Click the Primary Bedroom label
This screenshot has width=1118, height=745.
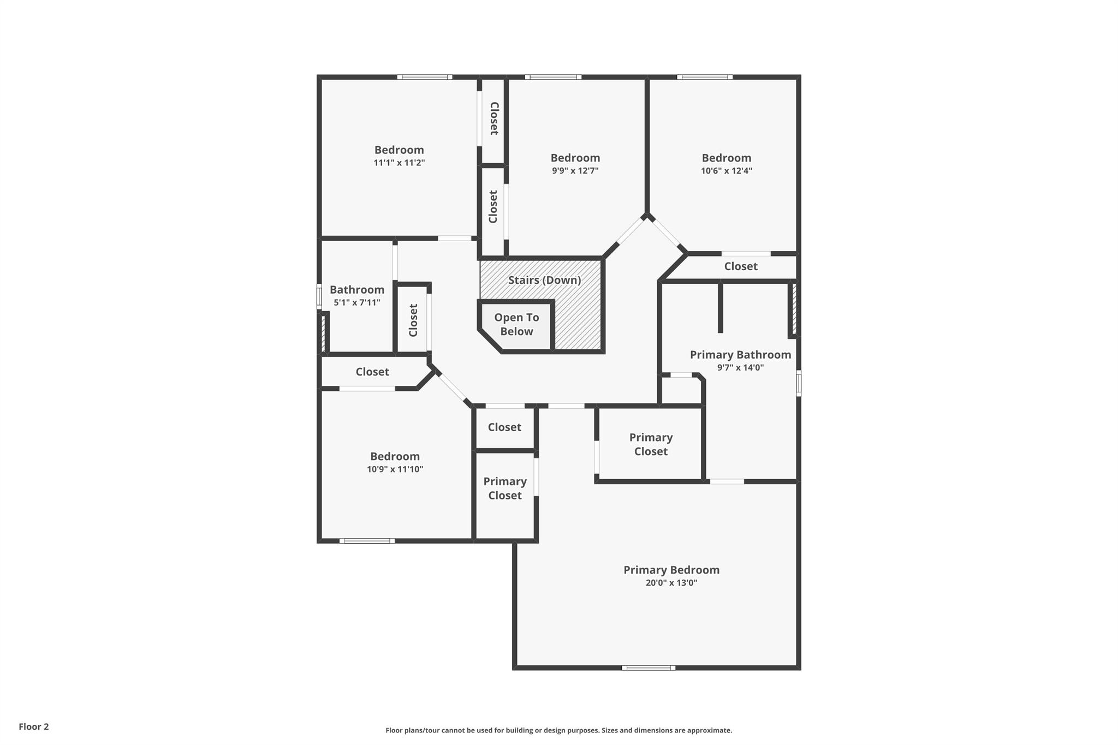pos(671,570)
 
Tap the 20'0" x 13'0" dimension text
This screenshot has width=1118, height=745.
pos(671,583)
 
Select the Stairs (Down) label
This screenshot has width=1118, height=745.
pos(544,280)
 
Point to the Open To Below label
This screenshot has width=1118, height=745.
pos(516,324)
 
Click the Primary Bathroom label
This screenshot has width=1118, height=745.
pos(740,355)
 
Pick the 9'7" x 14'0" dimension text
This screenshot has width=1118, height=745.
pos(740,368)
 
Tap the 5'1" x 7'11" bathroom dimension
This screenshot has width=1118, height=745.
pos(357,303)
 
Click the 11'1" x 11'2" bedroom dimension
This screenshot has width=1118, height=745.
pos(399,163)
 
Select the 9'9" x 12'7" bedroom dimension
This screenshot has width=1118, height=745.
pos(575,171)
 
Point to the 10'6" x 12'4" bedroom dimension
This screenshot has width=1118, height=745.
pos(727,171)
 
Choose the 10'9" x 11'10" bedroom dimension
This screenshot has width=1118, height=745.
pos(395,469)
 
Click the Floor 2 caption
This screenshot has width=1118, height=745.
pos(34,726)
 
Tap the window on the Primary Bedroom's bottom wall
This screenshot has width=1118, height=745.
pos(649,667)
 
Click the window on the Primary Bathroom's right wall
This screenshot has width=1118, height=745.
pos(798,383)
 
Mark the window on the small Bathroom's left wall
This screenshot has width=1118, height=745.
pos(319,296)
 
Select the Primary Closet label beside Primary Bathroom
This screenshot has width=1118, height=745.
pos(651,444)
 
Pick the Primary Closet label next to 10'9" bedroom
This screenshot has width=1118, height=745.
pos(505,488)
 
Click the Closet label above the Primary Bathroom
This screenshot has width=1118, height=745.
pos(741,266)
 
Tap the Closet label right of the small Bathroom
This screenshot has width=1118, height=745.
pos(413,320)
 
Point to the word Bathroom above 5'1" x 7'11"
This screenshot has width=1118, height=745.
pos(357,290)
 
